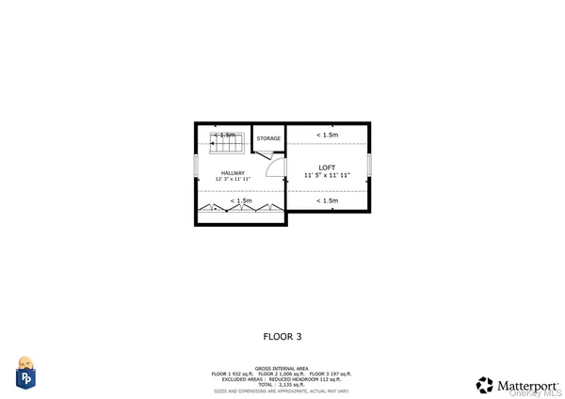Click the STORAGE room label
pyautogui.click(x=268, y=139)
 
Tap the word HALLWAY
pyautogui.click(x=233, y=173)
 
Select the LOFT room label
pyautogui.click(x=327, y=168)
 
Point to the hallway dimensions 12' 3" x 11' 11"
pyautogui.click(x=233, y=180)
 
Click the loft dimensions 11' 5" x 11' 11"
pyautogui.click(x=327, y=176)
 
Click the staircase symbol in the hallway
pyautogui.click(x=226, y=143)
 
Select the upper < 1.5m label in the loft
pyautogui.click(x=327, y=136)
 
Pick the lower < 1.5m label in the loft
pyautogui.click(x=327, y=200)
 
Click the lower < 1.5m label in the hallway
pyautogui.click(x=241, y=200)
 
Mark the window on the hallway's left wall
pyautogui.click(x=196, y=166)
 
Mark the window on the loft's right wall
pyautogui.click(x=369, y=164)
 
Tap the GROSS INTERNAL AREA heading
pyautogui.click(x=282, y=369)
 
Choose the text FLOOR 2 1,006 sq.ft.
pyautogui.click(x=282, y=375)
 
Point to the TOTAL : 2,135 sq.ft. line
pyautogui.click(x=282, y=385)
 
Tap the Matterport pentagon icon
pyautogui.click(x=485, y=384)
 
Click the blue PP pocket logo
pyautogui.click(x=25, y=377)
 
